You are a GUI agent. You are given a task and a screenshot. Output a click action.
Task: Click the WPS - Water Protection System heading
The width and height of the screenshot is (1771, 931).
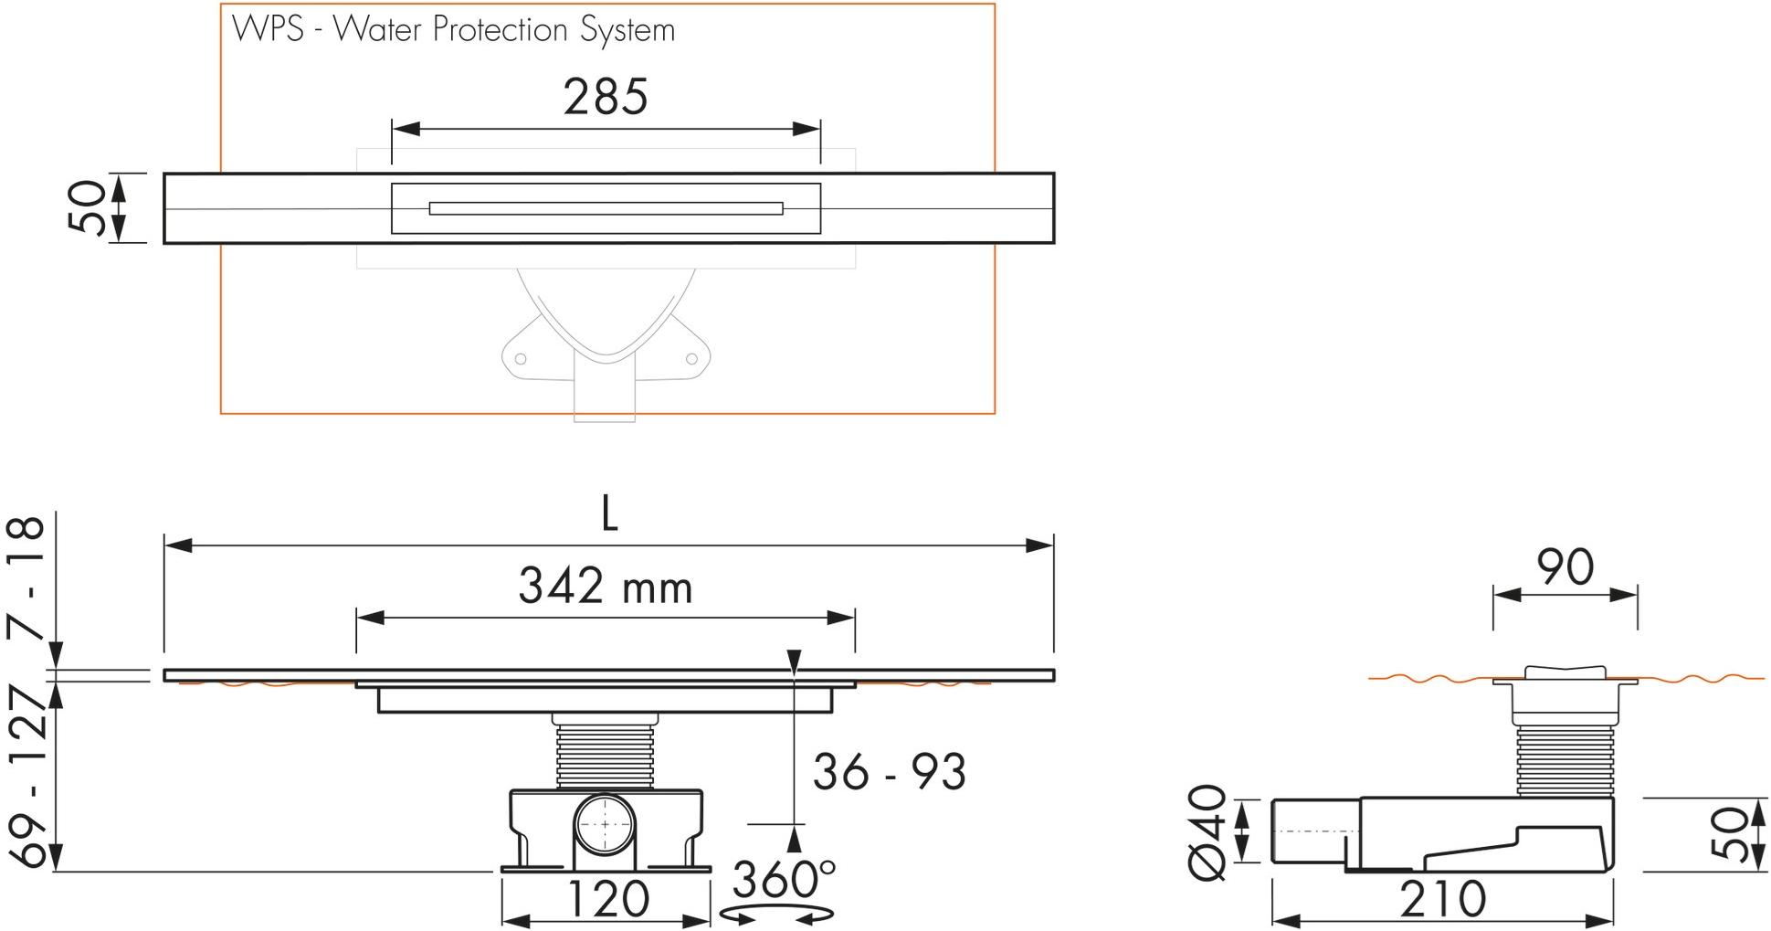pyautogui.click(x=454, y=30)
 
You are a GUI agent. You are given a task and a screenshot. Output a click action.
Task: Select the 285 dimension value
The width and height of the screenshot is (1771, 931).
pyautogui.click(x=606, y=97)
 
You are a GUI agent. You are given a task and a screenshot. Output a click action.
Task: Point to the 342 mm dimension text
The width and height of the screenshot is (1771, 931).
pyautogui.click(x=606, y=586)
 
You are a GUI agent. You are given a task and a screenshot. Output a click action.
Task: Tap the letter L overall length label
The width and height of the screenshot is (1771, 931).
pyautogui.click(x=609, y=515)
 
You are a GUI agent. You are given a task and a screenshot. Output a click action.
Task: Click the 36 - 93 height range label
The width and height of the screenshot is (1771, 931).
pyautogui.click(x=889, y=772)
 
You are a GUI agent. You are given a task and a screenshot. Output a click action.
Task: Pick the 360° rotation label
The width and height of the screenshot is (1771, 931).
pyautogui.click(x=783, y=880)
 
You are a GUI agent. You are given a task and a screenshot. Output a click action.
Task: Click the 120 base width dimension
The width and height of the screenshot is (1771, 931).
pyautogui.click(x=607, y=898)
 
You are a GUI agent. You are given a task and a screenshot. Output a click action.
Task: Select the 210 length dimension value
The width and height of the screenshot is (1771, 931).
pyautogui.click(x=1442, y=899)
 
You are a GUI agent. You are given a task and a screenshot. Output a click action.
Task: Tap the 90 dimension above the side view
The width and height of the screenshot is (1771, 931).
pyautogui.click(x=1565, y=567)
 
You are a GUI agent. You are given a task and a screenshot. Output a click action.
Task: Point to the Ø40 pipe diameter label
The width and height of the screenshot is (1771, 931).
pyautogui.click(x=1209, y=831)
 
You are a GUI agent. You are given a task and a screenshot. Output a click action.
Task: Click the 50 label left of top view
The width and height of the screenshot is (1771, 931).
pyautogui.click(x=89, y=208)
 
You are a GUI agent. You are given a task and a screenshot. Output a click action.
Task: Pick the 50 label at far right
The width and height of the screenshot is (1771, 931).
pyautogui.click(x=1729, y=832)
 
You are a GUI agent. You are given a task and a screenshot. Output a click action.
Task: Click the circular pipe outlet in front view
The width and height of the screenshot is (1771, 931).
pyautogui.click(x=606, y=824)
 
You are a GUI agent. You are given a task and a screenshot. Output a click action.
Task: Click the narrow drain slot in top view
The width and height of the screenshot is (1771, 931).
pyautogui.click(x=606, y=208)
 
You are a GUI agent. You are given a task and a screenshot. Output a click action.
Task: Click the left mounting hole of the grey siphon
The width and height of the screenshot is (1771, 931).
pyautogui.click(x=520, y=359)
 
